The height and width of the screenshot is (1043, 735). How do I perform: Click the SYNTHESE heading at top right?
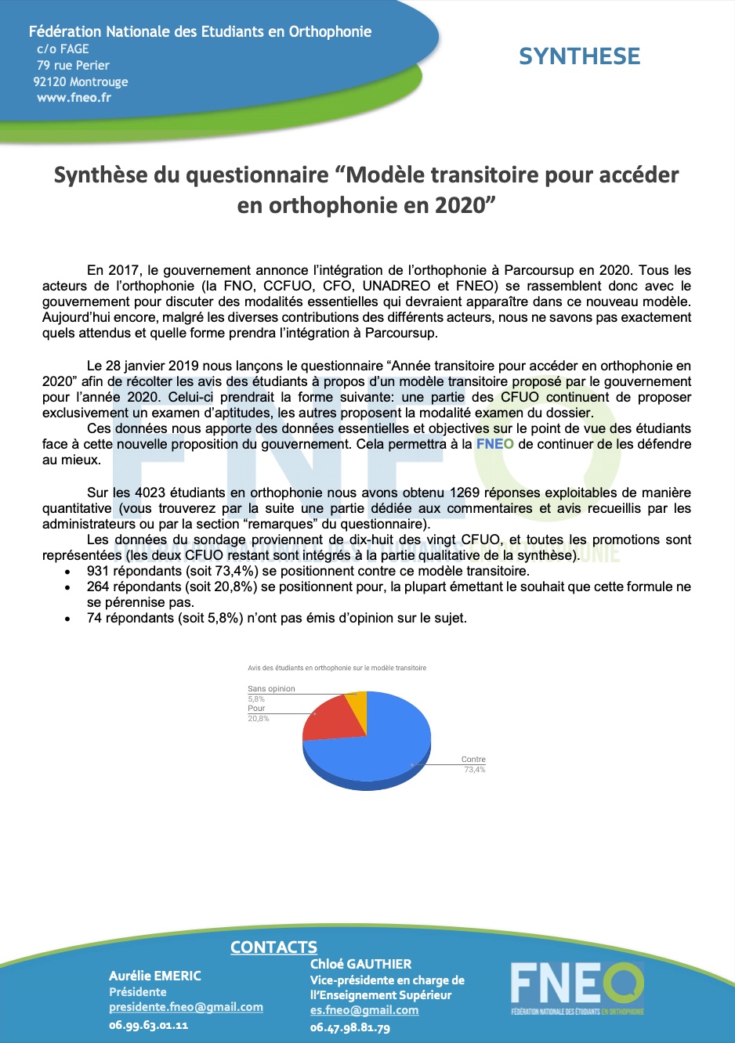[x=579, y=56]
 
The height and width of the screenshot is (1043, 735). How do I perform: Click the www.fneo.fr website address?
[x=74, y=98]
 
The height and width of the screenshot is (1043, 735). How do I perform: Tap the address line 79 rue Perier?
[x=73, y=65]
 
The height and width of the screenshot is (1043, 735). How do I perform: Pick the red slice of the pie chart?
[x=329, y=719]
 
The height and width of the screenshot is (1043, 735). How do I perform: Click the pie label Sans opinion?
[x=271, y=689]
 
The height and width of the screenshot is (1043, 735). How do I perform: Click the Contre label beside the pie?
[x=473, y=760]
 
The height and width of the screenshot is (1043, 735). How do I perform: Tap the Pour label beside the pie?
[x=256, y=708]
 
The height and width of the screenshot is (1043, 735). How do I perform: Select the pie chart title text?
[x=337, y=668]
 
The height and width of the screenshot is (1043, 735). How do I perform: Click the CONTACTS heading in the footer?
[x=273, y=947]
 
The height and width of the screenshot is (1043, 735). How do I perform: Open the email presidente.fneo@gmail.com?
[x=186, y=1007]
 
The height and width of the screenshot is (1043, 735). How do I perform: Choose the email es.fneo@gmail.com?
[x=364, y=1010]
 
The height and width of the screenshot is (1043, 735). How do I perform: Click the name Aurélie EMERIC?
[x=155, y=976]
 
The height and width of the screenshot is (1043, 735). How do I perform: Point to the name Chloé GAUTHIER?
[x=360, y=964]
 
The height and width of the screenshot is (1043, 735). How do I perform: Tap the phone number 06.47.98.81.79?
[x=349, y=1027]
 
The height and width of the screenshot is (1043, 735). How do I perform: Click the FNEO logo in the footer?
[x=577, y=989]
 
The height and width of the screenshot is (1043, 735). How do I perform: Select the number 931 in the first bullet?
[x=98, y=571]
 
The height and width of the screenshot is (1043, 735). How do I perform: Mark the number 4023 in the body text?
[x=150, y=493]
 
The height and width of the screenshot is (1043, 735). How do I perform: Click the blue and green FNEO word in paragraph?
[x=495, y=444]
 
